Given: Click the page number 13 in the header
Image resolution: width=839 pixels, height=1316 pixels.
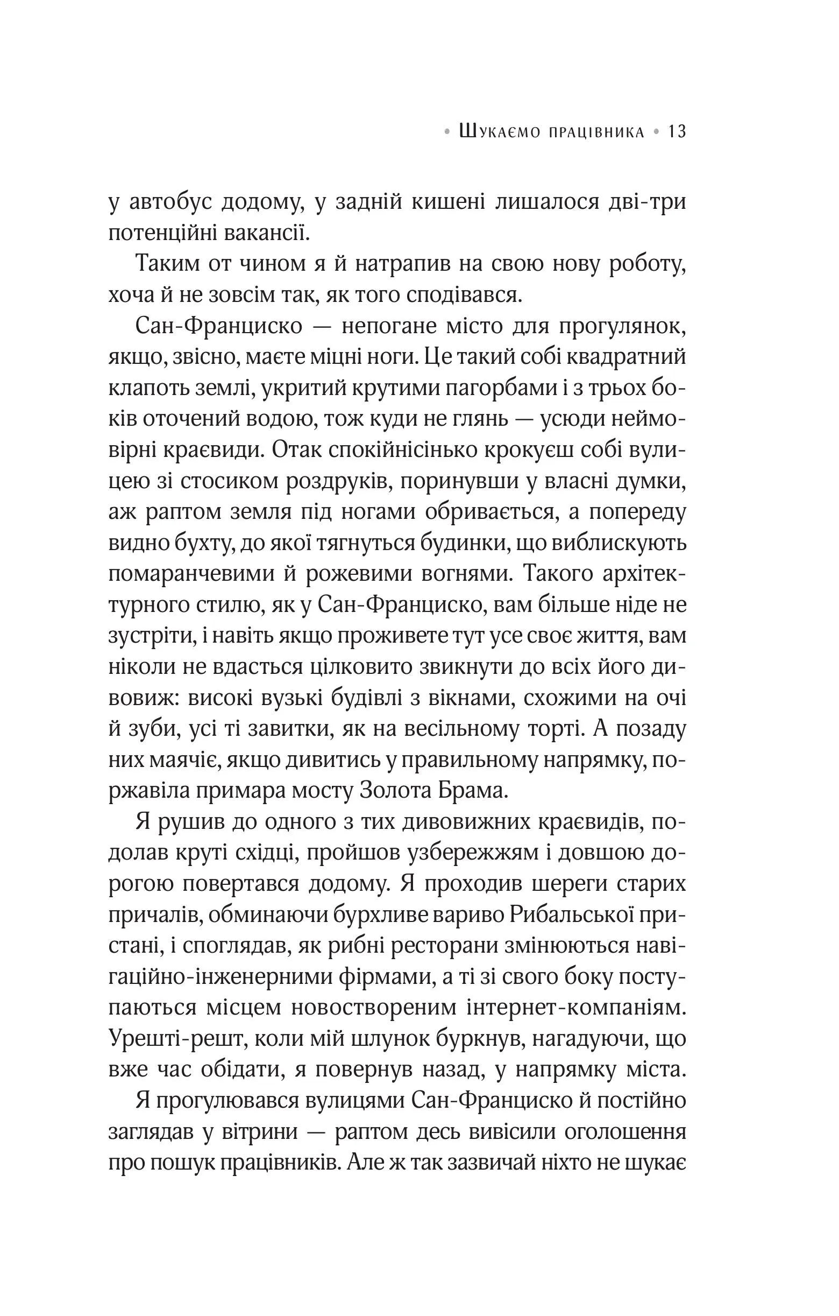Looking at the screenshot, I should [677, 132].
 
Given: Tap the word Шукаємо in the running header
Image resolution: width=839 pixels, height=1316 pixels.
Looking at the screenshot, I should [500, 132].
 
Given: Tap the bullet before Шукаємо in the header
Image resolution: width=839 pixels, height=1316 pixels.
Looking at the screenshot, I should [448, 132].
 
